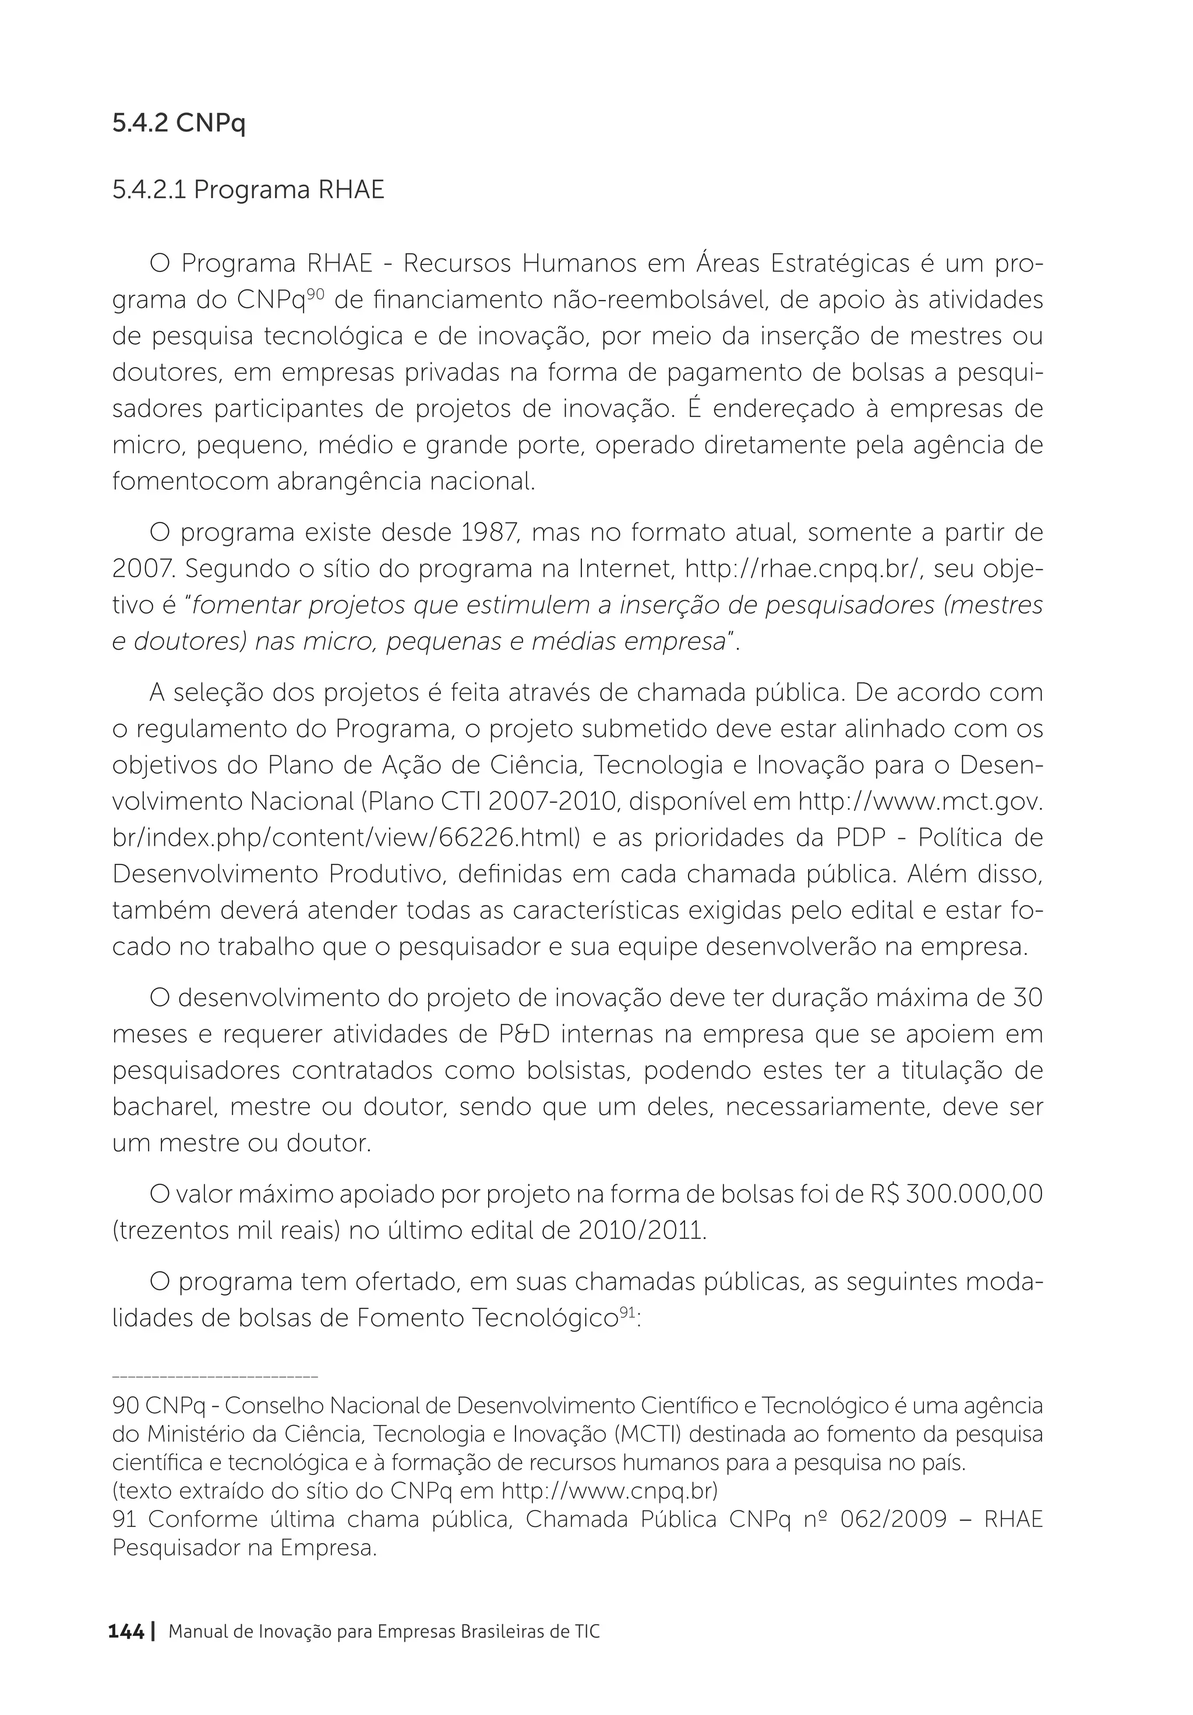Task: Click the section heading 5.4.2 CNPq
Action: click(x=178, y=123)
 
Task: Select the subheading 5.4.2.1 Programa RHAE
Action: click(x=248, y=190)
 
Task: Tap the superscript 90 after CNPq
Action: click(x=315, y=293)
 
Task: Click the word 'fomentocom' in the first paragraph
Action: click(x=190, y=482)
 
